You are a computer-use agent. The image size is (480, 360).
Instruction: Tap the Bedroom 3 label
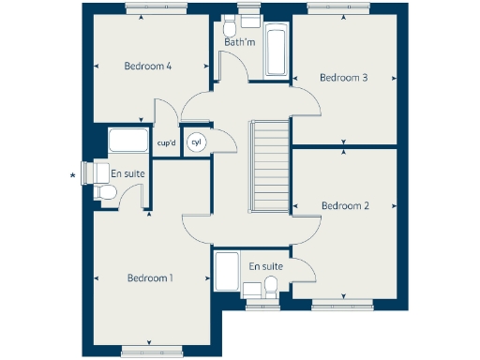[344, 78]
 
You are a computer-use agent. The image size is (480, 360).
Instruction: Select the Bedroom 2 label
[345, 205]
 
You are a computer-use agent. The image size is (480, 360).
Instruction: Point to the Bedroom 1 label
[151, 278]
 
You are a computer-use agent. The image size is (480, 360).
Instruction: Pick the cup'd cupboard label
[167, 143]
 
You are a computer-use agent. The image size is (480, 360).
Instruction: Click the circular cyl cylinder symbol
[197, 142]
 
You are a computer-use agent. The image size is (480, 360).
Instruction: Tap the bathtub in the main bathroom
[277, 52]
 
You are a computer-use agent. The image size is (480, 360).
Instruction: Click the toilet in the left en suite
[106, 192]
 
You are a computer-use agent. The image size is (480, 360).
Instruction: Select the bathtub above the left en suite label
[128, 142]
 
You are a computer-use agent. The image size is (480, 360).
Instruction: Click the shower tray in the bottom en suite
[228, 274]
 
